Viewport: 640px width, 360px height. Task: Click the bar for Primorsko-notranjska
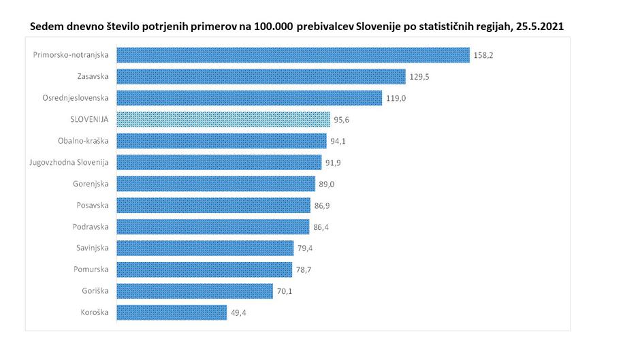coord(293,55)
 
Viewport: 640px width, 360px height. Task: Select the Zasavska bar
coord(261,76)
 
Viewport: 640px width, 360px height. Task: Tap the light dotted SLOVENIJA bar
coord(223,120)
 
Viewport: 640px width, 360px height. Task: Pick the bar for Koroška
coord(172,312)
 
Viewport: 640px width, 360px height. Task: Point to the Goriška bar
coord(195,291)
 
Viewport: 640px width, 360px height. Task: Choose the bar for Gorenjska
coord(216,184)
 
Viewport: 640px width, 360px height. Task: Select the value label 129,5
coord(421,76)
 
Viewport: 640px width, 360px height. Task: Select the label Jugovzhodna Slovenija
coord(71,163)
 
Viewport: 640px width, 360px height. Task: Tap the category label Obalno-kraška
coord(84,141)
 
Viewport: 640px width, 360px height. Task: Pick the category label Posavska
coord(92,206)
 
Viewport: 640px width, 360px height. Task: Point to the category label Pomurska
coord(92,269)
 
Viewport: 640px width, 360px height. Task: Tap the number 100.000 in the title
coord(274,26)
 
